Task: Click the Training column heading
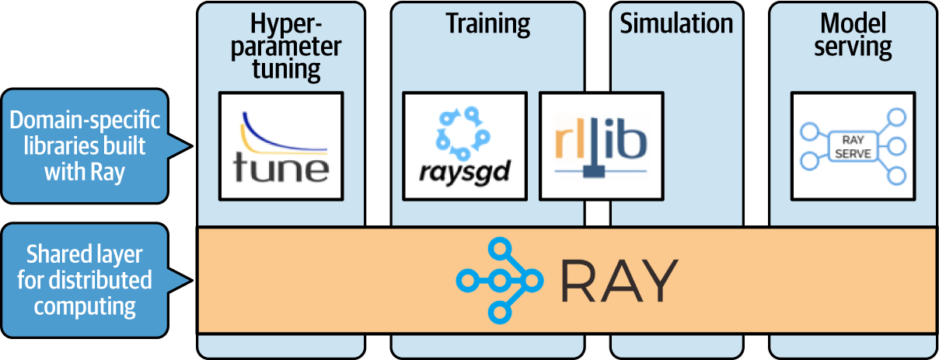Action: pos(487,23)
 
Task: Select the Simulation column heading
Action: pos(676,23)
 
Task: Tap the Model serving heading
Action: pos(852,35)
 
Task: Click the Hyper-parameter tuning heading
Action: pos(285,47)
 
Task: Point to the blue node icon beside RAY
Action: pos(498,280)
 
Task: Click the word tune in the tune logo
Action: pos(281,167)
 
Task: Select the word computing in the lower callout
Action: pos(85,306)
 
